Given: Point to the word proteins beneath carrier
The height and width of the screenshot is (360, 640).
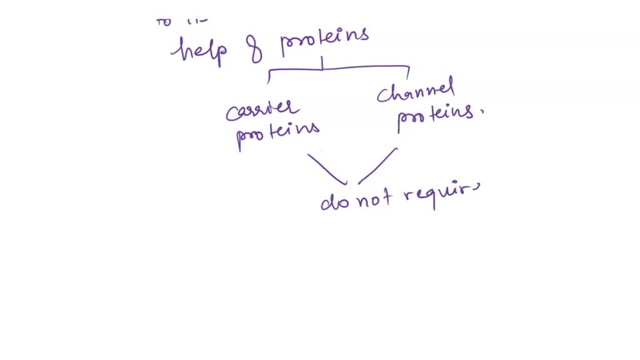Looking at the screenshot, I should click(277, 132).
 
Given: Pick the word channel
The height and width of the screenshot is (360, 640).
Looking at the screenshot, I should click(415, 92).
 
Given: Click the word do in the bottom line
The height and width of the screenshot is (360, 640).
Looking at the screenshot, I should click(334, 201).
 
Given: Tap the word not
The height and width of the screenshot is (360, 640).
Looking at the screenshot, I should click(375, 197).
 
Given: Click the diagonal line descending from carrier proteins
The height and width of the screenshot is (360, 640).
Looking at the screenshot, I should click(326, 169).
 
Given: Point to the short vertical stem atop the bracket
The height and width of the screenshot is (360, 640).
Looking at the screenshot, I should click(322, 62).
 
